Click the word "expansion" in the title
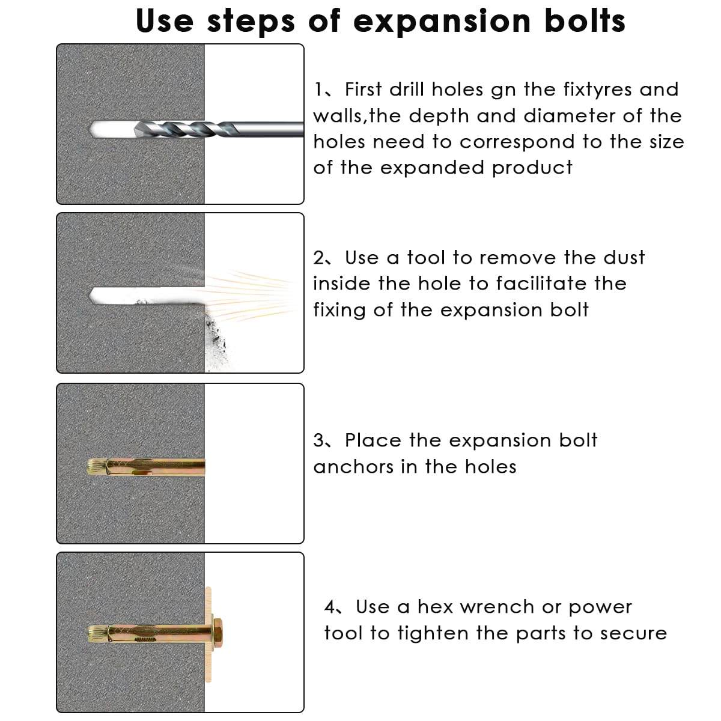pos(442,22)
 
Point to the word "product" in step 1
pos(532,168)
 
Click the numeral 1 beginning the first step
pos(318,90)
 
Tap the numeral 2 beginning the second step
pos(319,258)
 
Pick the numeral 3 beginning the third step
pos(319,440)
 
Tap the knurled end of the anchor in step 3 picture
pos(96,467)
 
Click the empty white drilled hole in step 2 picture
pos(146,296)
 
